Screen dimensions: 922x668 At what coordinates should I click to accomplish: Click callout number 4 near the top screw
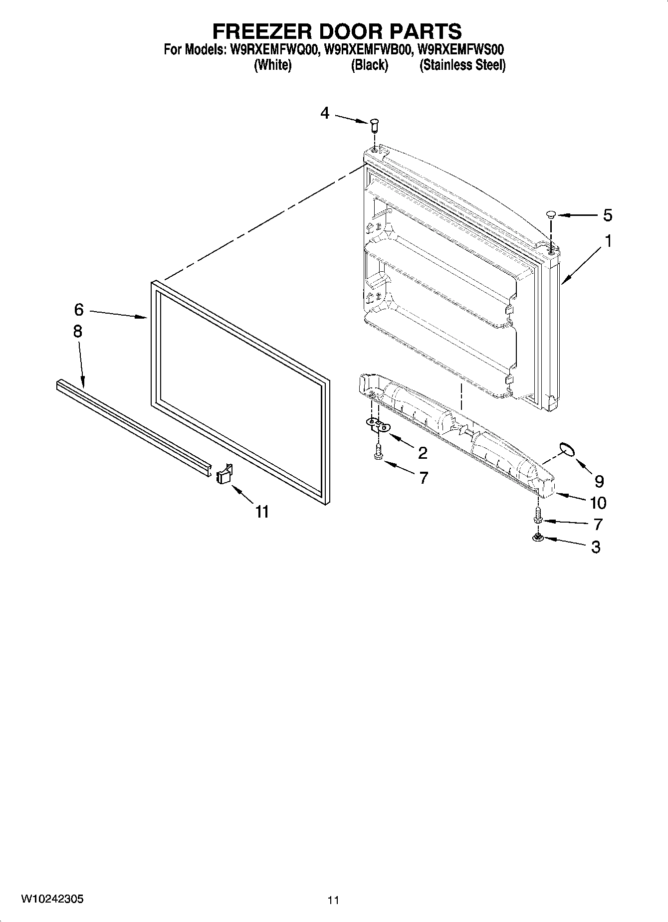pyautogui.click(x=325, y=114)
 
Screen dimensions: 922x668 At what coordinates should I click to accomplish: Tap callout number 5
pyautogui.click(x=607, y=215)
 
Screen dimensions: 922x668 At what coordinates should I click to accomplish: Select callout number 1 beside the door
pyautogui.click(x=608, y=241)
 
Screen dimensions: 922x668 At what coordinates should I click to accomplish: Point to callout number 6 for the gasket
pyautogui.click(x=79, y=310)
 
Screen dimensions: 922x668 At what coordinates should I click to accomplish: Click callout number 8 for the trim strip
pyautogui.click(x=77, y=332)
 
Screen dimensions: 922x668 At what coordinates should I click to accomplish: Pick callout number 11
pyautogui.click(x=262, y=512)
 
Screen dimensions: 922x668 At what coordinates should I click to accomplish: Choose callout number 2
pyautogui.click(x=423, y=453)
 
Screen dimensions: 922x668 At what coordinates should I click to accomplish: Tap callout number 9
pyautogui.click(x=599, y=481)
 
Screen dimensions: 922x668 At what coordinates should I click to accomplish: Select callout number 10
pyautogui.click(x=598, y=503)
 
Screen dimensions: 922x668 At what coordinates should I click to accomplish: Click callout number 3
pyautogui.click(x=596, y=547)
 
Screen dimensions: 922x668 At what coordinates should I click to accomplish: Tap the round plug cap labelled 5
pyautogui.click(x=551, y=215)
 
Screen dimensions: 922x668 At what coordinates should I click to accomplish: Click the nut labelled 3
pyautogui.click(x=538, y=538)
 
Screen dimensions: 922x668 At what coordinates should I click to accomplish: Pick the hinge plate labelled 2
pyautogui.click(x=379, y=424)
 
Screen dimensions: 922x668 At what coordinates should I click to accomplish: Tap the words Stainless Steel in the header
pyautogui.click(x=462, y=65)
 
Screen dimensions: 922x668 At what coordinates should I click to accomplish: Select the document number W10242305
pyautogui.click(x=52, y=899)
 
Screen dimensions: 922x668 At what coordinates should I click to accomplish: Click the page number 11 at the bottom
pyautogui.click(x=333, y=900)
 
